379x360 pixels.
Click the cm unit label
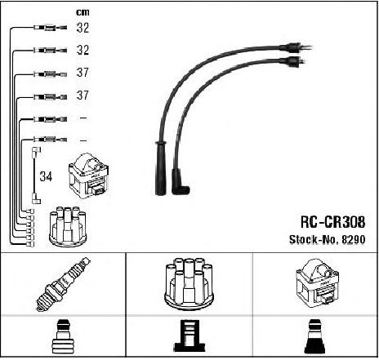point(82,12)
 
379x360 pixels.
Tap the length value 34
point(46,176)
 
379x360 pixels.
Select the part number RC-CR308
point(332,222)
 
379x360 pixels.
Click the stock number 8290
point(353,239)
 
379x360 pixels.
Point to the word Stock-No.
point(314,239)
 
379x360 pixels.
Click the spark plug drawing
point(63,284)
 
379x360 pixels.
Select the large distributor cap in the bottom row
point(189,283)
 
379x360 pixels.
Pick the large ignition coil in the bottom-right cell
point(317,283)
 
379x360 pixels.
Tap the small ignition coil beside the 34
point(89,176)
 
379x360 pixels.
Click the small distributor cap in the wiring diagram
point(68,226)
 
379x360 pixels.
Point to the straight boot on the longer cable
point(160,168)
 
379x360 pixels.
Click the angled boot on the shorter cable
point(180,182)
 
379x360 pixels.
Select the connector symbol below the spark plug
point(63,336)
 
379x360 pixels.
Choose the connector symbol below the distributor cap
point(189,336)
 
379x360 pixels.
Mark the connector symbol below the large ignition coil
point(316,336)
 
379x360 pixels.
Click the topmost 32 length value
point(82,28)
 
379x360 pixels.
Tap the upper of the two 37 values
point(82,73)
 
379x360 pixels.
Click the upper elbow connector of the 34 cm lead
point(36,152)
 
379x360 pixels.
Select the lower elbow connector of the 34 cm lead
point(36,198)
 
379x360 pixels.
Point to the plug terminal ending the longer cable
point(297,47)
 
